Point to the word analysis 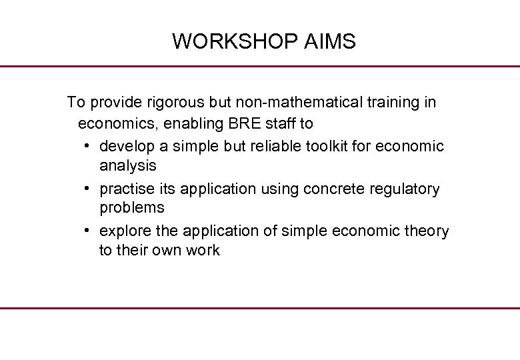[x=128, y=165]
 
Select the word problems [x=132, y=207]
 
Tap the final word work [x=203, y=250]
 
